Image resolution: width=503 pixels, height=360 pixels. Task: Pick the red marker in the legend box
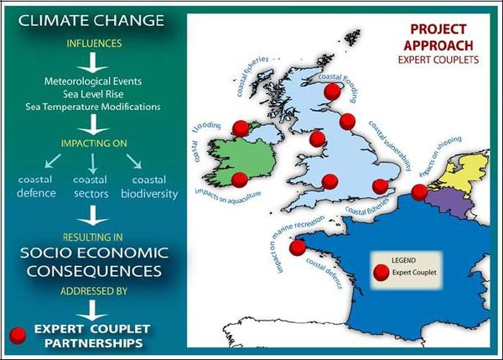click(381, 272)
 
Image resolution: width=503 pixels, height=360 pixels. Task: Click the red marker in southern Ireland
click(239, 179)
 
